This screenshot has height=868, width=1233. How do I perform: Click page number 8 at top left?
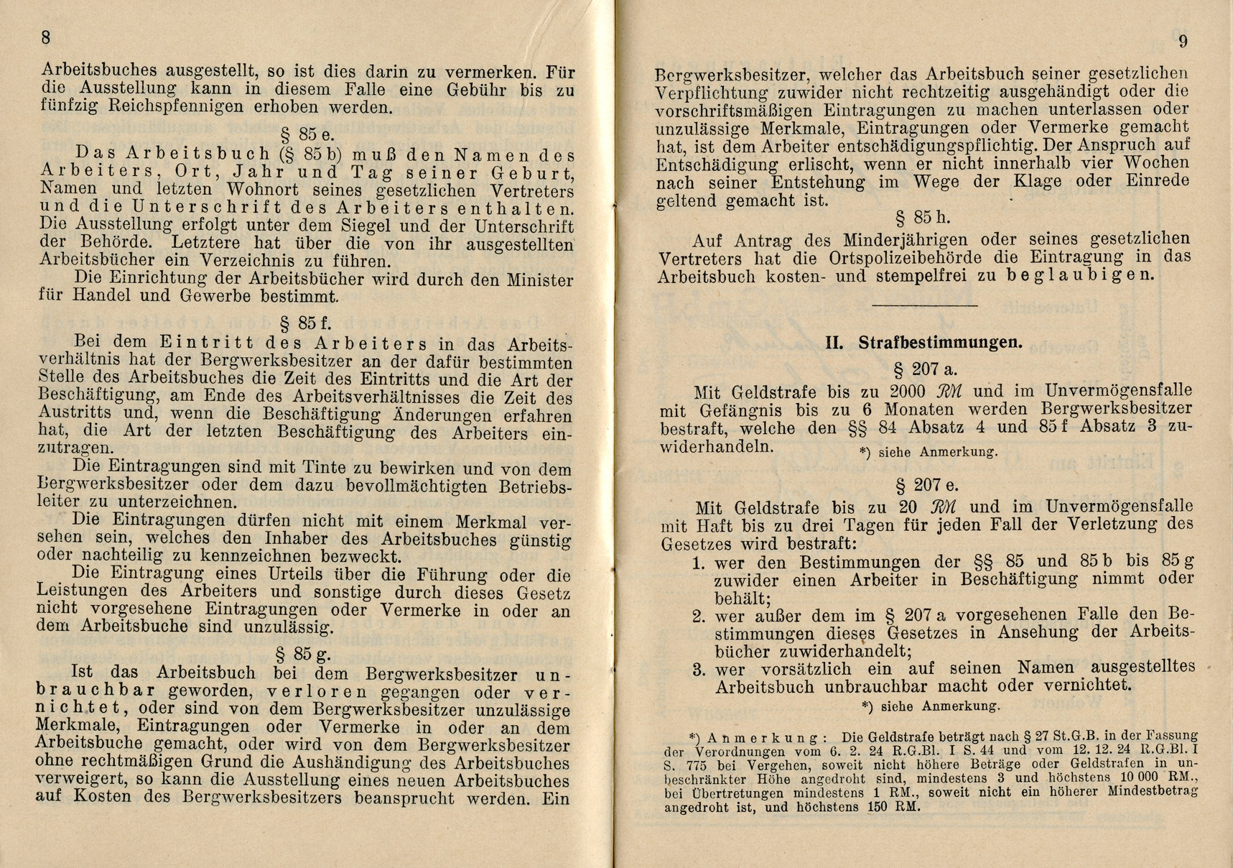coord(47,37)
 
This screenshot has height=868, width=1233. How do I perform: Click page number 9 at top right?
coord(1183,41)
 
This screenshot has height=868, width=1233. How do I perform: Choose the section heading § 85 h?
coord(922,217)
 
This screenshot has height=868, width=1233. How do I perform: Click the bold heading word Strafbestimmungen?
coord(941,343)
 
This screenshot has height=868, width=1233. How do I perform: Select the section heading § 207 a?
coord(925,369)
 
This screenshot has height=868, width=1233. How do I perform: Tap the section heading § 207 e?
coord(926,485)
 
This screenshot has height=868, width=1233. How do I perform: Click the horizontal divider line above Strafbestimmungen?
coord(924,306)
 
